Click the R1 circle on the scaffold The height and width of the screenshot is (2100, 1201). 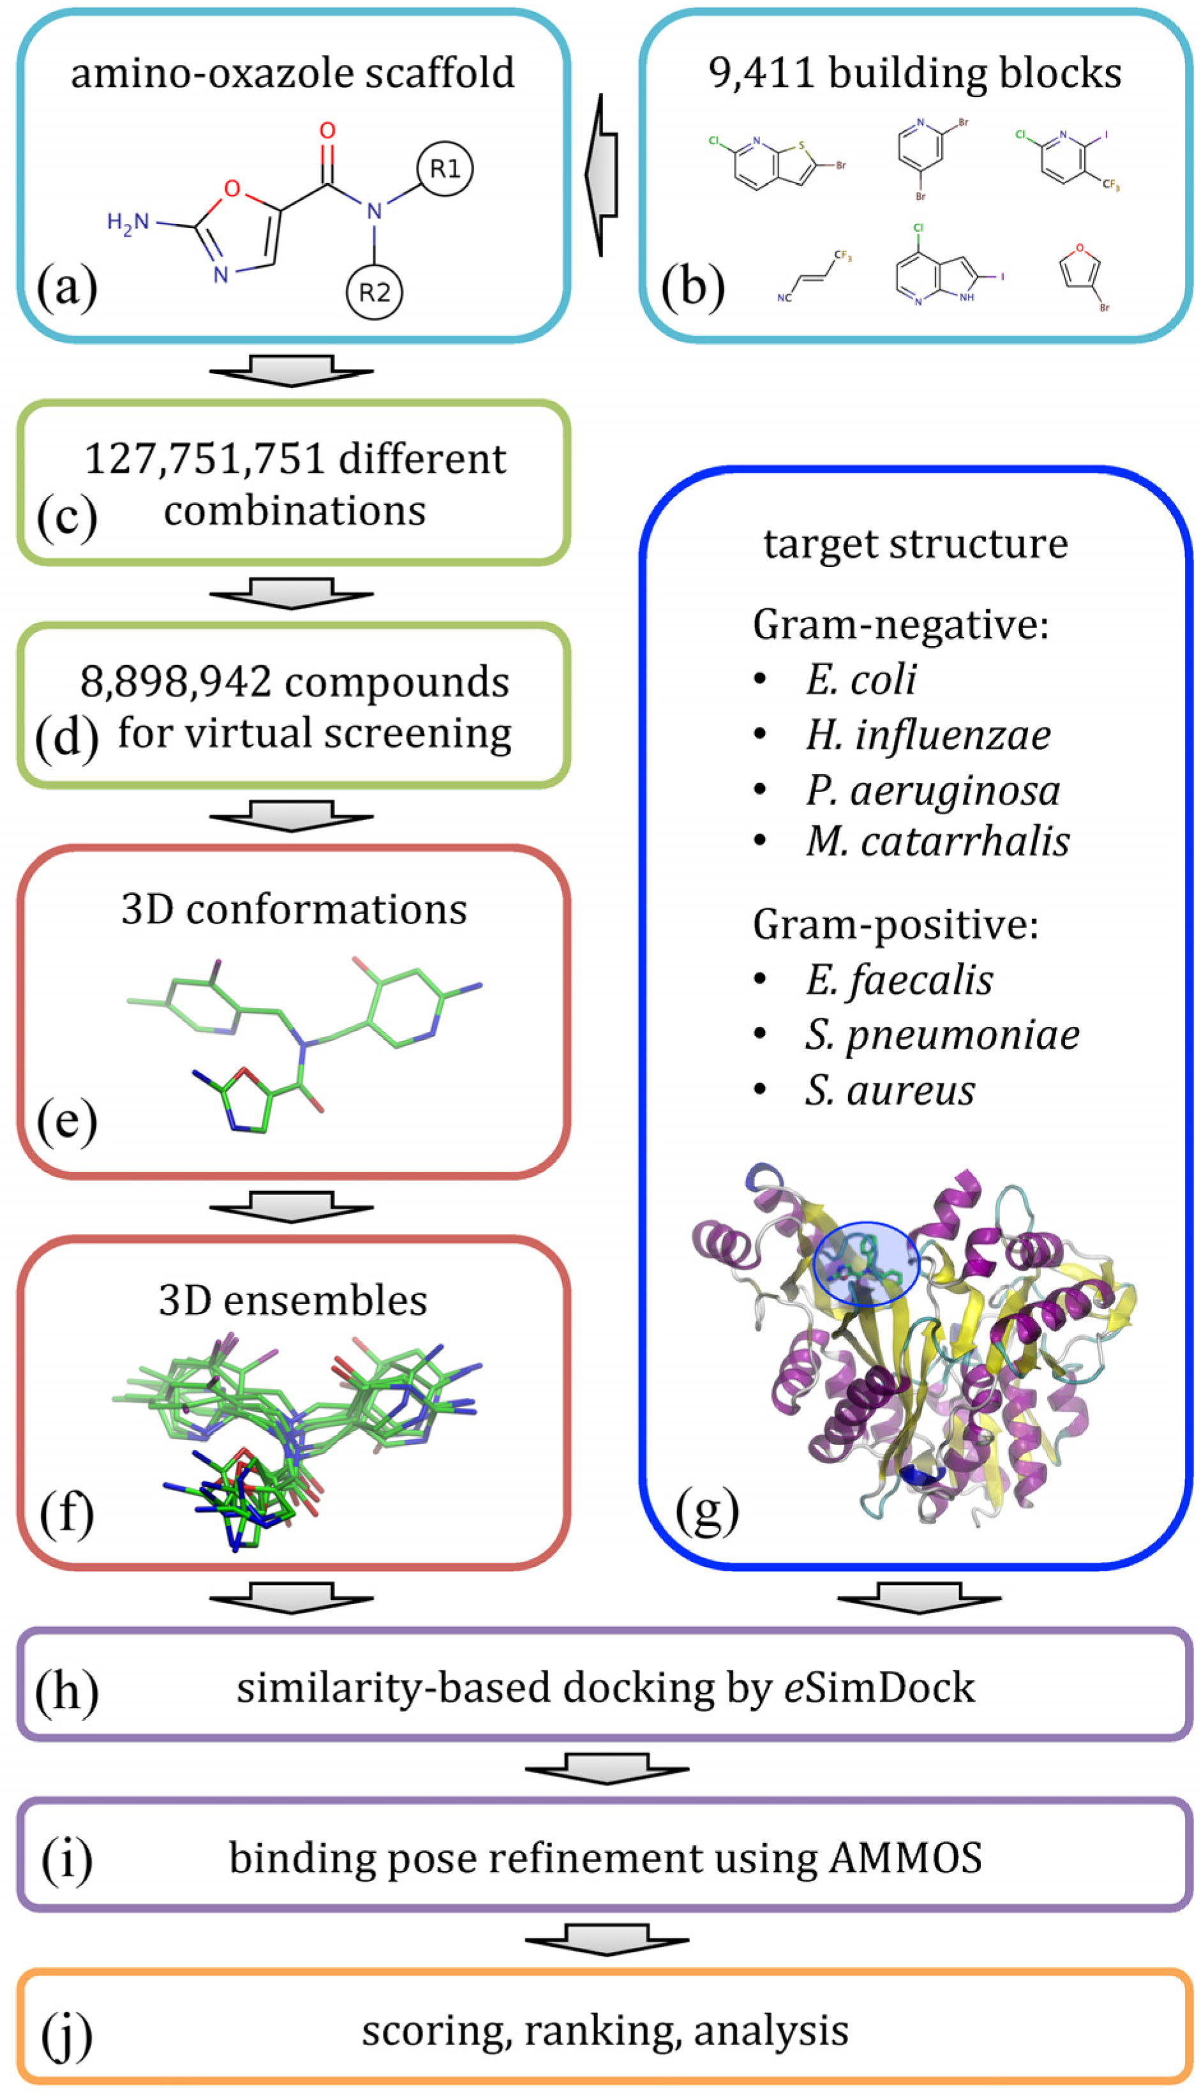(445, 169)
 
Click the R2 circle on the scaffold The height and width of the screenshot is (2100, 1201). (374, 292)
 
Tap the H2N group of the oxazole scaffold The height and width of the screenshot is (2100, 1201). (129, 223)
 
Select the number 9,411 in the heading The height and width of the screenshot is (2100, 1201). (763, 73)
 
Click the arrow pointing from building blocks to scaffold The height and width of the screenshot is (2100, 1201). (603, 175)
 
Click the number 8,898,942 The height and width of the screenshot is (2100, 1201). (175, 682)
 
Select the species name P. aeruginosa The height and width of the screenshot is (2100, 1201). (933, 790)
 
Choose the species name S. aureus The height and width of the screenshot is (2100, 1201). (890, 1090)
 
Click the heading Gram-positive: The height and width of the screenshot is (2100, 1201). (895, 925)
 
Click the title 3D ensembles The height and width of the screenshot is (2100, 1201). (293, 1300)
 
